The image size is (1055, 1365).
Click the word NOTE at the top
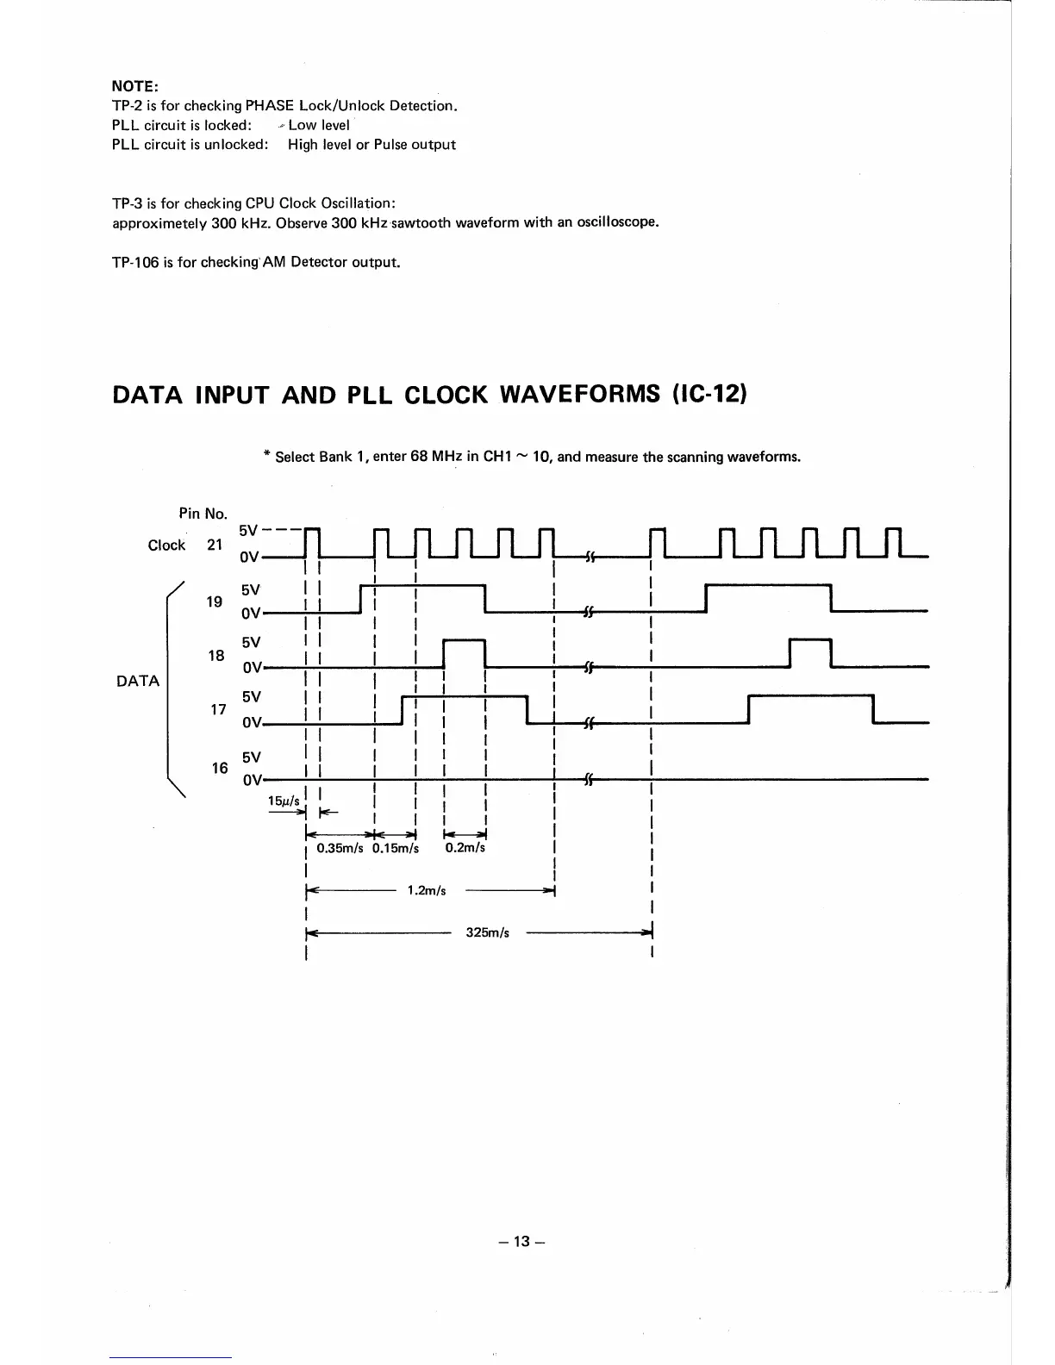coord(134,86)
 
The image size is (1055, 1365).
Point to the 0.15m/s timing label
coord(396,848)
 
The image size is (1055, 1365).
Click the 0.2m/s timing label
coord(465,848)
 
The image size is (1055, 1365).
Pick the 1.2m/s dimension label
coord(427,891)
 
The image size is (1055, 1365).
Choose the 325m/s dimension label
coord(487,933)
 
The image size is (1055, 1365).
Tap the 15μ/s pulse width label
coord(284,801)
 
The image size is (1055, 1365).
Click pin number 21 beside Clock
coord(215,545)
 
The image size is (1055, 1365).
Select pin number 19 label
coord(215,601)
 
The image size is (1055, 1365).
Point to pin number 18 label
coord(217,656)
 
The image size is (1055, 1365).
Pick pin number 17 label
coord(218,709)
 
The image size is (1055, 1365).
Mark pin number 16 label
coord(220,768)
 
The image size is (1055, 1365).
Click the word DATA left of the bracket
coord(138,681)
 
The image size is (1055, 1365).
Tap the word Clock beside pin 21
coord(166,545)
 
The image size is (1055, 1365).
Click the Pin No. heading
coord(203,514)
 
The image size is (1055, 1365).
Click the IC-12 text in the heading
coord(705,395)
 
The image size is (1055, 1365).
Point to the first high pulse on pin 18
coord(465,642)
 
